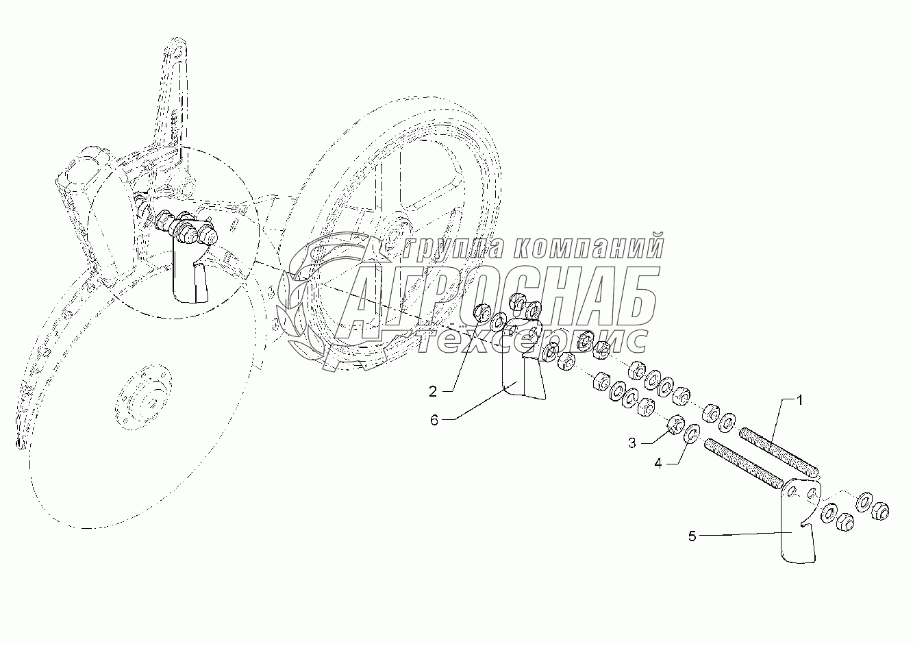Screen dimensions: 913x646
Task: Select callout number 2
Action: [x=433, y=392]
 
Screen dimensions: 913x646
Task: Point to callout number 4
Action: [x=658, y=463]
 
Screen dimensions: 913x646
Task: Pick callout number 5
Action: [x=692, y=536]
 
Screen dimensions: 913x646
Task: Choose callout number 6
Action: [x=434, y=419]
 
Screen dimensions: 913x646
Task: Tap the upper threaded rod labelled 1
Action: [x=778, y=451]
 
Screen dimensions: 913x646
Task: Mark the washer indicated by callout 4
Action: [x=691, y=433]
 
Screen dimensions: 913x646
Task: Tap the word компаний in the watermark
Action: [x=589, y=247]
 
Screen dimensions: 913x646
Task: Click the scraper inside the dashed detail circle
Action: [x=190, y=274]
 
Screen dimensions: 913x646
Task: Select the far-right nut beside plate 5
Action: [x=880, y=509]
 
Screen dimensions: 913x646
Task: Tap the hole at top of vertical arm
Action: [x=177, y=52]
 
